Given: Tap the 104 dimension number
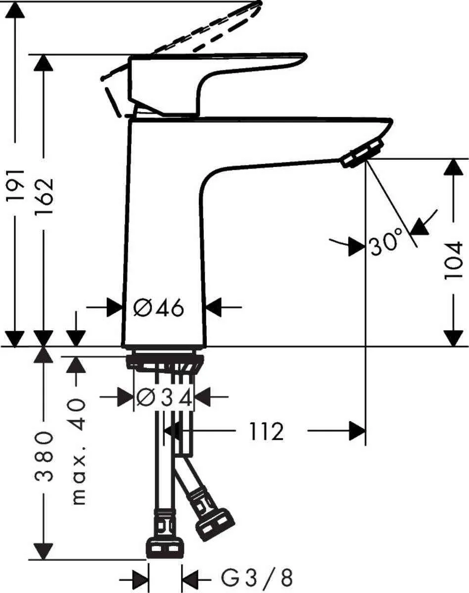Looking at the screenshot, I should [x=453, y=260].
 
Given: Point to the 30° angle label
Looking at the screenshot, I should [x=385, y=243].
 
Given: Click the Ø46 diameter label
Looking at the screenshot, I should [x=159, y=308].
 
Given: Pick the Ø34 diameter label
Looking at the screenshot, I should [x=164, y=397].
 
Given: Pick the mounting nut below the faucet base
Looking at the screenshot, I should [x=164, y=362].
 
